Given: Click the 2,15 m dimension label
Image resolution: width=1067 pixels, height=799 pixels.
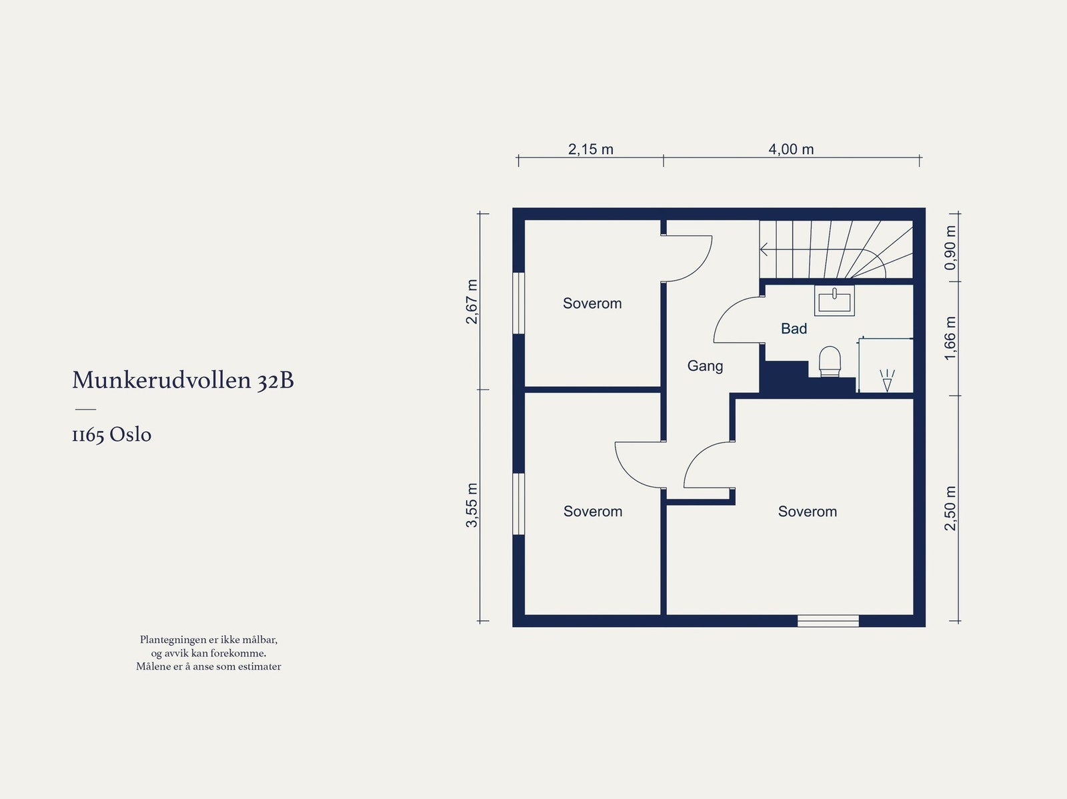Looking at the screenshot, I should (x=590, y=149).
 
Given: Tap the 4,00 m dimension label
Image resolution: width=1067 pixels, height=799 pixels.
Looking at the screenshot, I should (x=791, y=149).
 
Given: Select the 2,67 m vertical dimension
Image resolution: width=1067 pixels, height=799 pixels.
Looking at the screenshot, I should (x=472, y=301).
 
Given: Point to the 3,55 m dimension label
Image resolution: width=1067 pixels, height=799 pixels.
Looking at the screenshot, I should (x=472, y=505).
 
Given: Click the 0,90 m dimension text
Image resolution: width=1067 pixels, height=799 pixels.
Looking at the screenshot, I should (x=950, y=247).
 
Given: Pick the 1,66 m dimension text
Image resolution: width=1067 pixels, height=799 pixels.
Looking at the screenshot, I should (x=950, y=338).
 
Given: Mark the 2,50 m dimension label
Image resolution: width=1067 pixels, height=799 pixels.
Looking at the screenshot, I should (x=950, y=508).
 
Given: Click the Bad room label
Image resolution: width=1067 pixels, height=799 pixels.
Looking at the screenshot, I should (x=794, y=329).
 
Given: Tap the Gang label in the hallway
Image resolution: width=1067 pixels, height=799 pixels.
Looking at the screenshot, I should (x=705, y=366).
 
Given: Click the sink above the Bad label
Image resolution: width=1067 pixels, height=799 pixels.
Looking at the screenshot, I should (x=834, y=300).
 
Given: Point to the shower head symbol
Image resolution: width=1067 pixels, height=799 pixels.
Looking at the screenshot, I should (x=886, y=381).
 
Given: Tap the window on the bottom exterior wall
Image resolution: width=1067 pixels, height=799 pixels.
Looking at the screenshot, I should (x=828, y=622).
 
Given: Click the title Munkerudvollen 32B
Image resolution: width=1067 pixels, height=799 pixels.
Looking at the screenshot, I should (x=183, y=380).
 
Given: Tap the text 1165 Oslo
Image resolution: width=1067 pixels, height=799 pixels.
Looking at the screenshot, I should (x=111, y=435).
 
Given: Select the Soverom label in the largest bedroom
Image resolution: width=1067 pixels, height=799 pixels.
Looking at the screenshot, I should (x=807, y=512).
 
